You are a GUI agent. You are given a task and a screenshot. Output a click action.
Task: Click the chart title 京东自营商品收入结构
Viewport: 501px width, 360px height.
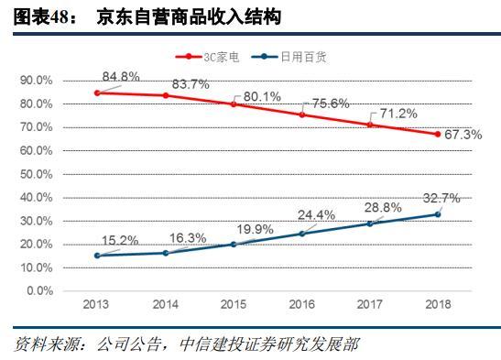[189, 17]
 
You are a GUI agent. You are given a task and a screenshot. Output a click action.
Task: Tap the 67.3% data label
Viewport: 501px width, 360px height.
[465, 134]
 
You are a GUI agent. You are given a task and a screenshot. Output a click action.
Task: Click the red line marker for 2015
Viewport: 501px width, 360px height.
[233, 104]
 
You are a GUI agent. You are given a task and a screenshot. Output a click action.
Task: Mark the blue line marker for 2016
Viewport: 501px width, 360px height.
[301, 234]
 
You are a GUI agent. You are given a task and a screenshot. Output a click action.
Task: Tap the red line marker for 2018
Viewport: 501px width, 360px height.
[438, 134]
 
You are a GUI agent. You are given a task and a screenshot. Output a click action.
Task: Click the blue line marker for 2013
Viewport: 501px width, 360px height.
[97, 256]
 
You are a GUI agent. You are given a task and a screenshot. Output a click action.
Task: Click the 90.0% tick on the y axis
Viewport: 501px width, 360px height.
[37, 81]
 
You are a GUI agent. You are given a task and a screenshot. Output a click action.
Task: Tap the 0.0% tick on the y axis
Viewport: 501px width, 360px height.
[39, 291]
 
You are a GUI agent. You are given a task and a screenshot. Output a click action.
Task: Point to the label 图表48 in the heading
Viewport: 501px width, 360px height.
[37, 17]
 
